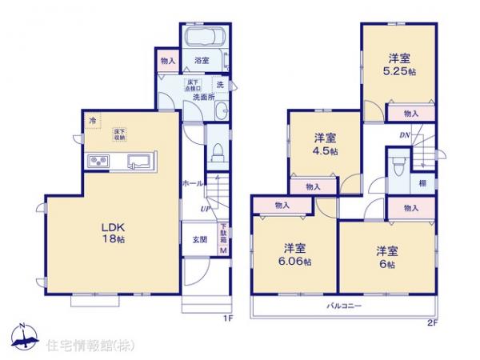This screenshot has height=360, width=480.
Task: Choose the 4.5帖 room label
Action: click(x=323, y=144)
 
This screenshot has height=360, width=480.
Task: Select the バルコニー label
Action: click(x=344, y=307)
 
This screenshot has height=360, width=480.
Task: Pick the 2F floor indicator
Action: click(x=433, y=322)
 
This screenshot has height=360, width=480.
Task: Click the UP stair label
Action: click(x=206, y=210)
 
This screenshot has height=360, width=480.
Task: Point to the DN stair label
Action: click(x=405, y=136)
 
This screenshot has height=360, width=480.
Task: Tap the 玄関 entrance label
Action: click(x=199, y=239)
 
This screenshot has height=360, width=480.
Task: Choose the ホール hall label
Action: click(x=192, y=182)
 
